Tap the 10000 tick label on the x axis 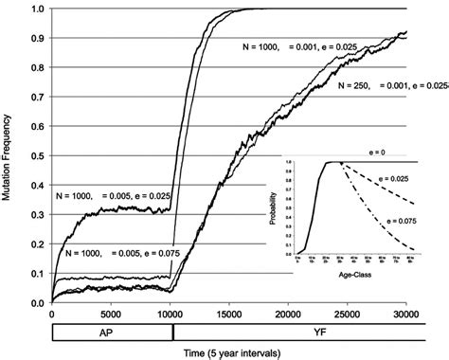tap(171, 315)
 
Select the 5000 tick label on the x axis tap(111, 315)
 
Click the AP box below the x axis tap(111, 333)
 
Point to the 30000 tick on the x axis tap(407, 315)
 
